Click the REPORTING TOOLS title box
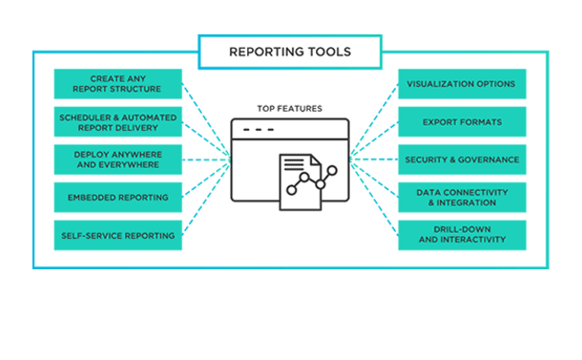click(290, 52)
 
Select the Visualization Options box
click(461, 84)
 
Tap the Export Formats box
click(461, 121)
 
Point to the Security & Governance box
click(461, 159)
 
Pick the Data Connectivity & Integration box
click(461, 198)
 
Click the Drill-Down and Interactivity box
click(461, 235)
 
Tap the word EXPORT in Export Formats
click(442, 121)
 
